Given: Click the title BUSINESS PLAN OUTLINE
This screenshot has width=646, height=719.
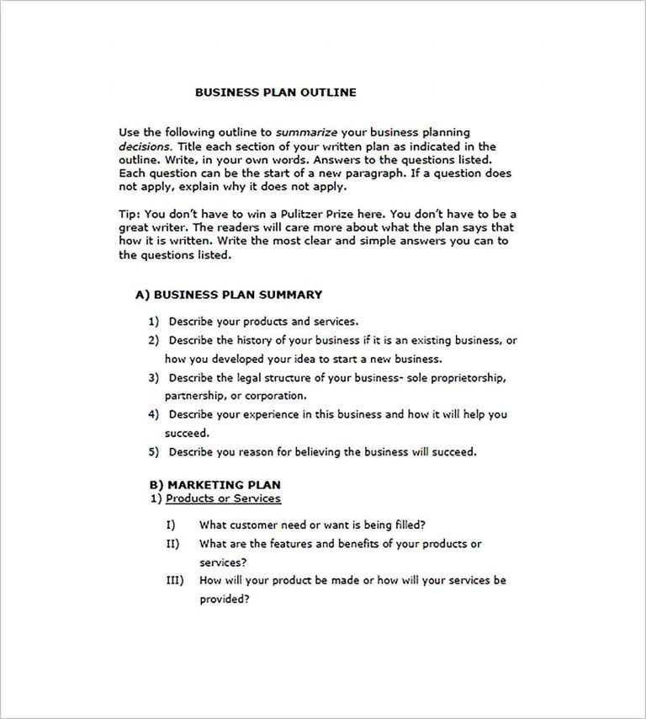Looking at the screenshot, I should (275, 93).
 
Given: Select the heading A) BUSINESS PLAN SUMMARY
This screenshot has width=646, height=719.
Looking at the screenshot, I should (228, 295).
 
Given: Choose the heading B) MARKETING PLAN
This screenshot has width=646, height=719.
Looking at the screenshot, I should (214, 485).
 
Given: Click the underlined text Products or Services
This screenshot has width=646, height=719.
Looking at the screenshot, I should (223, 498).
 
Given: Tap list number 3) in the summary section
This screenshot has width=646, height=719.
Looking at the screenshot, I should (153, 378).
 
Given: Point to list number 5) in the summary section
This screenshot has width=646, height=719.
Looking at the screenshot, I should (153, 451).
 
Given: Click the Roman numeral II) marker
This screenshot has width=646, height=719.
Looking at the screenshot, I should (172, 544).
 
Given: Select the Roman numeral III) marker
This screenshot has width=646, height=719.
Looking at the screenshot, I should (174, 580).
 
